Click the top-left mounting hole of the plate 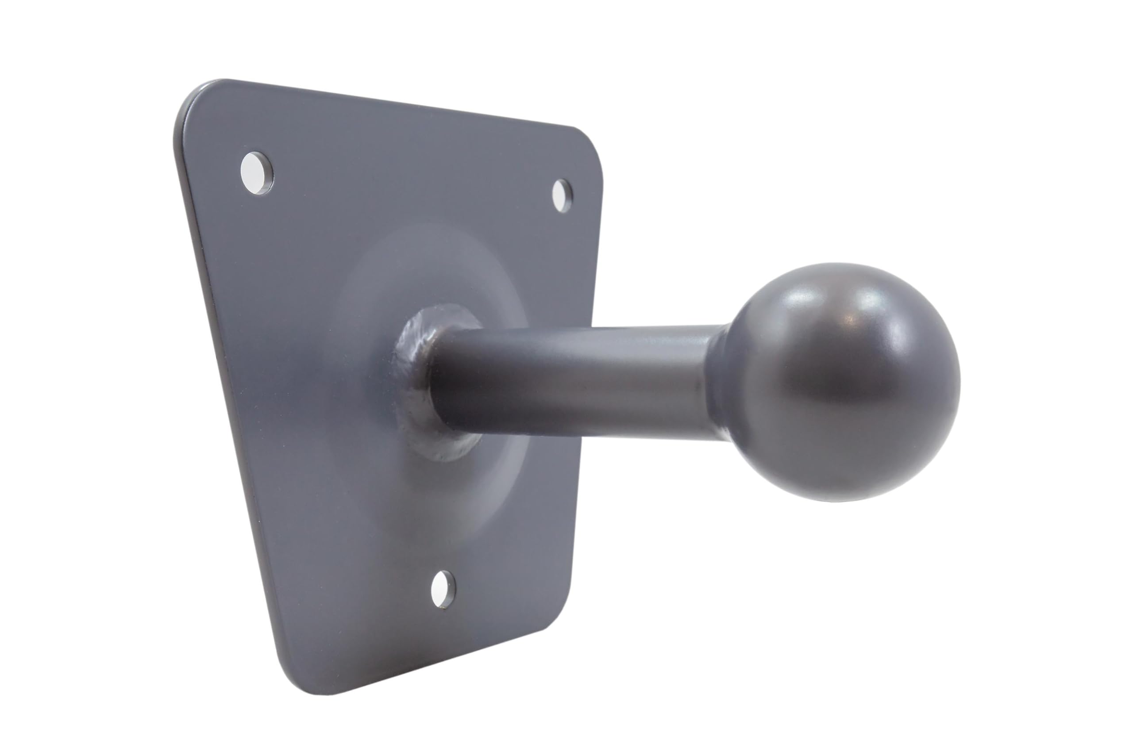256,173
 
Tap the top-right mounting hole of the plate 561,195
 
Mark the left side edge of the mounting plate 227,385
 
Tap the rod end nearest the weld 448,380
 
